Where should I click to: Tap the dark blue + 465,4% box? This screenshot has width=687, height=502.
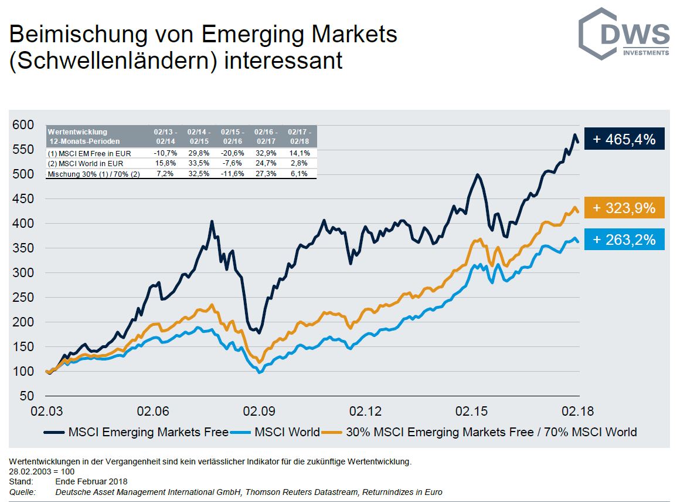[x=624, y=139]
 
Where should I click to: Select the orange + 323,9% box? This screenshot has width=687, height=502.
[x=624, y=207]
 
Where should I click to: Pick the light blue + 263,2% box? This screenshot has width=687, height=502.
[x=624, y=239]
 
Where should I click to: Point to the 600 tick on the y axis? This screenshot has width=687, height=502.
[x=23, y=124]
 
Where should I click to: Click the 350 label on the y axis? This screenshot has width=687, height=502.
[x=23, y=248]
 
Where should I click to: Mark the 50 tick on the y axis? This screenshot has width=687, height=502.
[x=26, y=396]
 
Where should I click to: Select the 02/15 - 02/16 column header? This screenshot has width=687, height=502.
[x=233, y=137]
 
